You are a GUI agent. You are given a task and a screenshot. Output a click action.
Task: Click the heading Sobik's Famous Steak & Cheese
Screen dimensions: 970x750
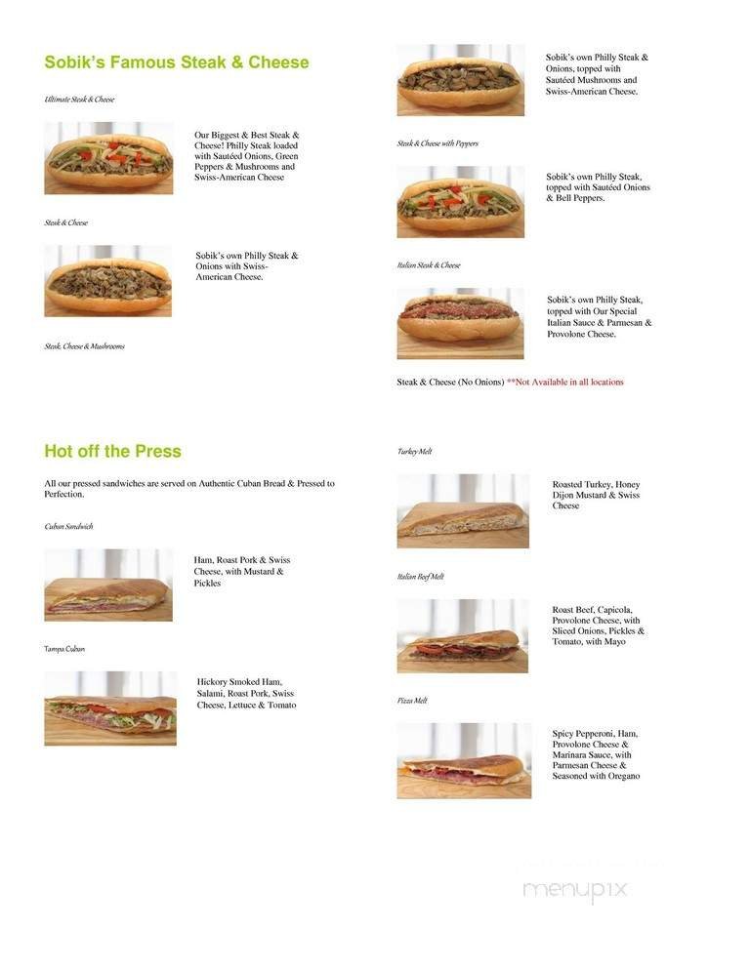176,62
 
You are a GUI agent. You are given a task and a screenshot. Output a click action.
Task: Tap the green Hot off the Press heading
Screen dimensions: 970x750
112,451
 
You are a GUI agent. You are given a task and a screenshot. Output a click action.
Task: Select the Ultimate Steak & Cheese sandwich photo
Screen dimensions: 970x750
108,157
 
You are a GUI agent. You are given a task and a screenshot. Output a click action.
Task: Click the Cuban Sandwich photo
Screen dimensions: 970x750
108,586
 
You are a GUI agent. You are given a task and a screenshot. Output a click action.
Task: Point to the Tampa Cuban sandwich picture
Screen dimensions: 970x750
110,708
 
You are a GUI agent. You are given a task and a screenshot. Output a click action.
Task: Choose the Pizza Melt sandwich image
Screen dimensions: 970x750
464,761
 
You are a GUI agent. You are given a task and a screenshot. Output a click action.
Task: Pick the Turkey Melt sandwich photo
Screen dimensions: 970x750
463,511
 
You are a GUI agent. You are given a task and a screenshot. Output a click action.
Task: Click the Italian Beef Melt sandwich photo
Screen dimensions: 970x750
463,636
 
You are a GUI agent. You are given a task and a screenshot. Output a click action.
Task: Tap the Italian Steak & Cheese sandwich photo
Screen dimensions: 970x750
460,323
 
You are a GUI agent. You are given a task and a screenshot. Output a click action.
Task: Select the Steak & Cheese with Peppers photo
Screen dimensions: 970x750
460,202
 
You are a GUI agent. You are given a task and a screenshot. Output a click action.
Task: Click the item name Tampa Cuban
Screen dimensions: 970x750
64,649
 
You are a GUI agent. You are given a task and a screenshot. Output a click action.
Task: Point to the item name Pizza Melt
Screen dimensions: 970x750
412,701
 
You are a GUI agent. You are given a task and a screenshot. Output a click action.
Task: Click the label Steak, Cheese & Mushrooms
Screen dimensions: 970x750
84,346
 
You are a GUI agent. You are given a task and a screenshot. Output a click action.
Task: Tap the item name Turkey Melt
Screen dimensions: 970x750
414,452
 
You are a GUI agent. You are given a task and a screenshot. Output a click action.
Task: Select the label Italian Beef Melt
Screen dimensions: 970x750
420,577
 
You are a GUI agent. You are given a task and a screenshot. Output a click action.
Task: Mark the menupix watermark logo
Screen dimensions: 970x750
575,890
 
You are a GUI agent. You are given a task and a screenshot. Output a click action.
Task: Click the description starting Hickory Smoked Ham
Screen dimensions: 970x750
246,693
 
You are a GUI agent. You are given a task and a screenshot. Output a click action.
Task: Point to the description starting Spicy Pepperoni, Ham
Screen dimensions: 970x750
596,754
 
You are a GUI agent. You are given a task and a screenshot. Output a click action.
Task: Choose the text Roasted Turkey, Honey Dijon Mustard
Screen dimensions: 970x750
596,495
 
